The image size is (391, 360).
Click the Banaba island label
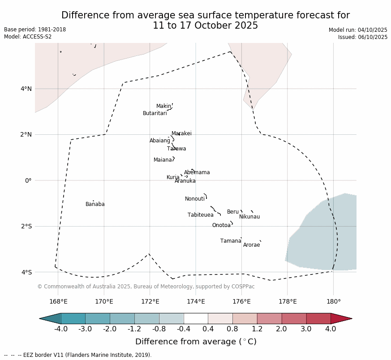coord(95,205)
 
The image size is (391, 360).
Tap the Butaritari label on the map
coord(155,114)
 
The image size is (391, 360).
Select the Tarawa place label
coord(176,149)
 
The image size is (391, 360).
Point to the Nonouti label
coord(195,199)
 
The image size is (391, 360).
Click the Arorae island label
coord(251,245)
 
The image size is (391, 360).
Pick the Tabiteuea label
coord(200,215)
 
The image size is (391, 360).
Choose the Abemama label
coord(197,173)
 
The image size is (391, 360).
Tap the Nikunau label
coord(249,217)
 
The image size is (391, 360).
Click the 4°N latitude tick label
coord(26,89)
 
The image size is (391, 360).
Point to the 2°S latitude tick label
coord(26,226)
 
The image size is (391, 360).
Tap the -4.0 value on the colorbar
coord(61,329)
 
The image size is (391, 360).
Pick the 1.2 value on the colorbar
coord(257,329)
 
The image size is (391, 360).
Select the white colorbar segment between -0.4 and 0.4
coord(196,318)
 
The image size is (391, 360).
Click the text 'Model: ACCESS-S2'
coord(28,37)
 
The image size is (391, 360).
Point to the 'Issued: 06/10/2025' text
coord(363,37)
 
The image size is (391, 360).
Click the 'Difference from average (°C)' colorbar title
coord(196,342)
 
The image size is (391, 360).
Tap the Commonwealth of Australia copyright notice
coord(146,287)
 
